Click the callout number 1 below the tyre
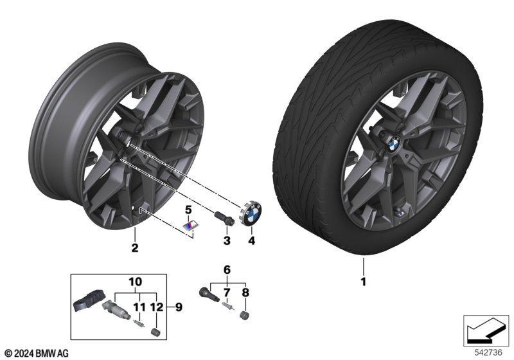pyautogui.click(x=363, y=282)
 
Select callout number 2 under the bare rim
pyautogui.click(x=135, y=248)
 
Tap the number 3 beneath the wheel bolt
pyautogui.click(x=227, y=240)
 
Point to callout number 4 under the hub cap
pyautogui.click(x=251, y=240)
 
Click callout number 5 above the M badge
pyautogui.click(x=188, y=209)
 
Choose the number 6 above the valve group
pyautogui.click(x=227, y=270)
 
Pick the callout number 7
pyautogui.click(x=227, y=292)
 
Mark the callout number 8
pyautogui.click(x=245, y=292)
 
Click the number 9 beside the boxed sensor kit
pyautogui.click(x=179, y=307)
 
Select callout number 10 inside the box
pyautogui.click(x=136, y=282)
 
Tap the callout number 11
pyautogui.click(x=139, y=307)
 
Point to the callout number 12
pyautogui.click(x=157, y=307)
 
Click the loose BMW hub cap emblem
pyautogui.click(x=252, y=213)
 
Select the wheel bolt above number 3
pyautogui.click(x=224, y=218)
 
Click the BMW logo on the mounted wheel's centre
pyautogui.click(x=393, y=143)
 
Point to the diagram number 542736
pyautogui.click(x=488, y=352)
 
